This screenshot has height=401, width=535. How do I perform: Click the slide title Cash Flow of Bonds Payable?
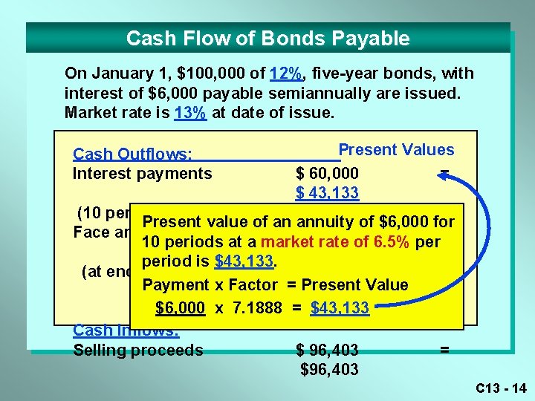(267, 39)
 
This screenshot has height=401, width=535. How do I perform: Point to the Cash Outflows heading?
(132, 154)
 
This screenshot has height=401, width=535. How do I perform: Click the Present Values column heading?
(396, 150)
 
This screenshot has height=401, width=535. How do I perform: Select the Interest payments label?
(142, 174)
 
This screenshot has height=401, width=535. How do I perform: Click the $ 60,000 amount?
(327, 174)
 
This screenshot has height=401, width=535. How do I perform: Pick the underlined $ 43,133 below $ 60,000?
(327, 193)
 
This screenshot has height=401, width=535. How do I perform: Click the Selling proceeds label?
(137, 351)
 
